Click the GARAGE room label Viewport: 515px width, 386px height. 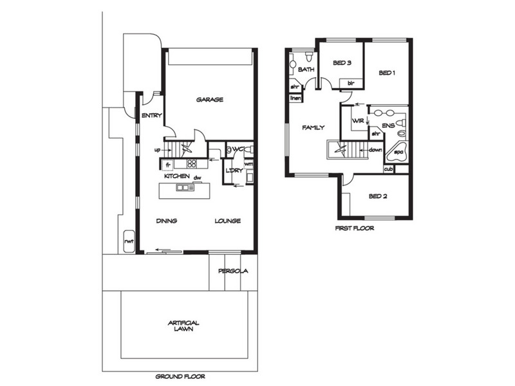click(210, 100)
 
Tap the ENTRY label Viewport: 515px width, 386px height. click(152, 116)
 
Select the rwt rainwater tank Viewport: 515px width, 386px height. click(129, 242)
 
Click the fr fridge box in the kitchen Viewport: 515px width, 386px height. click(167, 165)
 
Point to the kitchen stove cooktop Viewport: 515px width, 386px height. click(191, 163)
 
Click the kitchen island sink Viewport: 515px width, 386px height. click(185, 187)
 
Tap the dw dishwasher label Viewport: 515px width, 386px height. click(197, 178)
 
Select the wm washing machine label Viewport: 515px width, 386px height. click(248, 163)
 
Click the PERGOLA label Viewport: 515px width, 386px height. click(233, 271)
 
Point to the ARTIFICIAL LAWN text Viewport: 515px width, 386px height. click(183, 326)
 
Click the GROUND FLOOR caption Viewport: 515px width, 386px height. click(180, 376)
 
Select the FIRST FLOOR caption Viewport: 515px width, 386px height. click(355, 228)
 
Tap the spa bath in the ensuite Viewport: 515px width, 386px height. click(397, 152)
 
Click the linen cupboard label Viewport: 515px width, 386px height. click(295, 98)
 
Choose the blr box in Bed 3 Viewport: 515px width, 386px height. click(351, 84)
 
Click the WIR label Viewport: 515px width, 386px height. click(358, 121)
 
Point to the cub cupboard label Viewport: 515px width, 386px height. click(389, 169)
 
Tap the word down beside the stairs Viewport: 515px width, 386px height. click(375, 150)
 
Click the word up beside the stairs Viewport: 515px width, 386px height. click(158, 150)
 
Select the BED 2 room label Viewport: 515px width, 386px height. click(378, 196)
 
